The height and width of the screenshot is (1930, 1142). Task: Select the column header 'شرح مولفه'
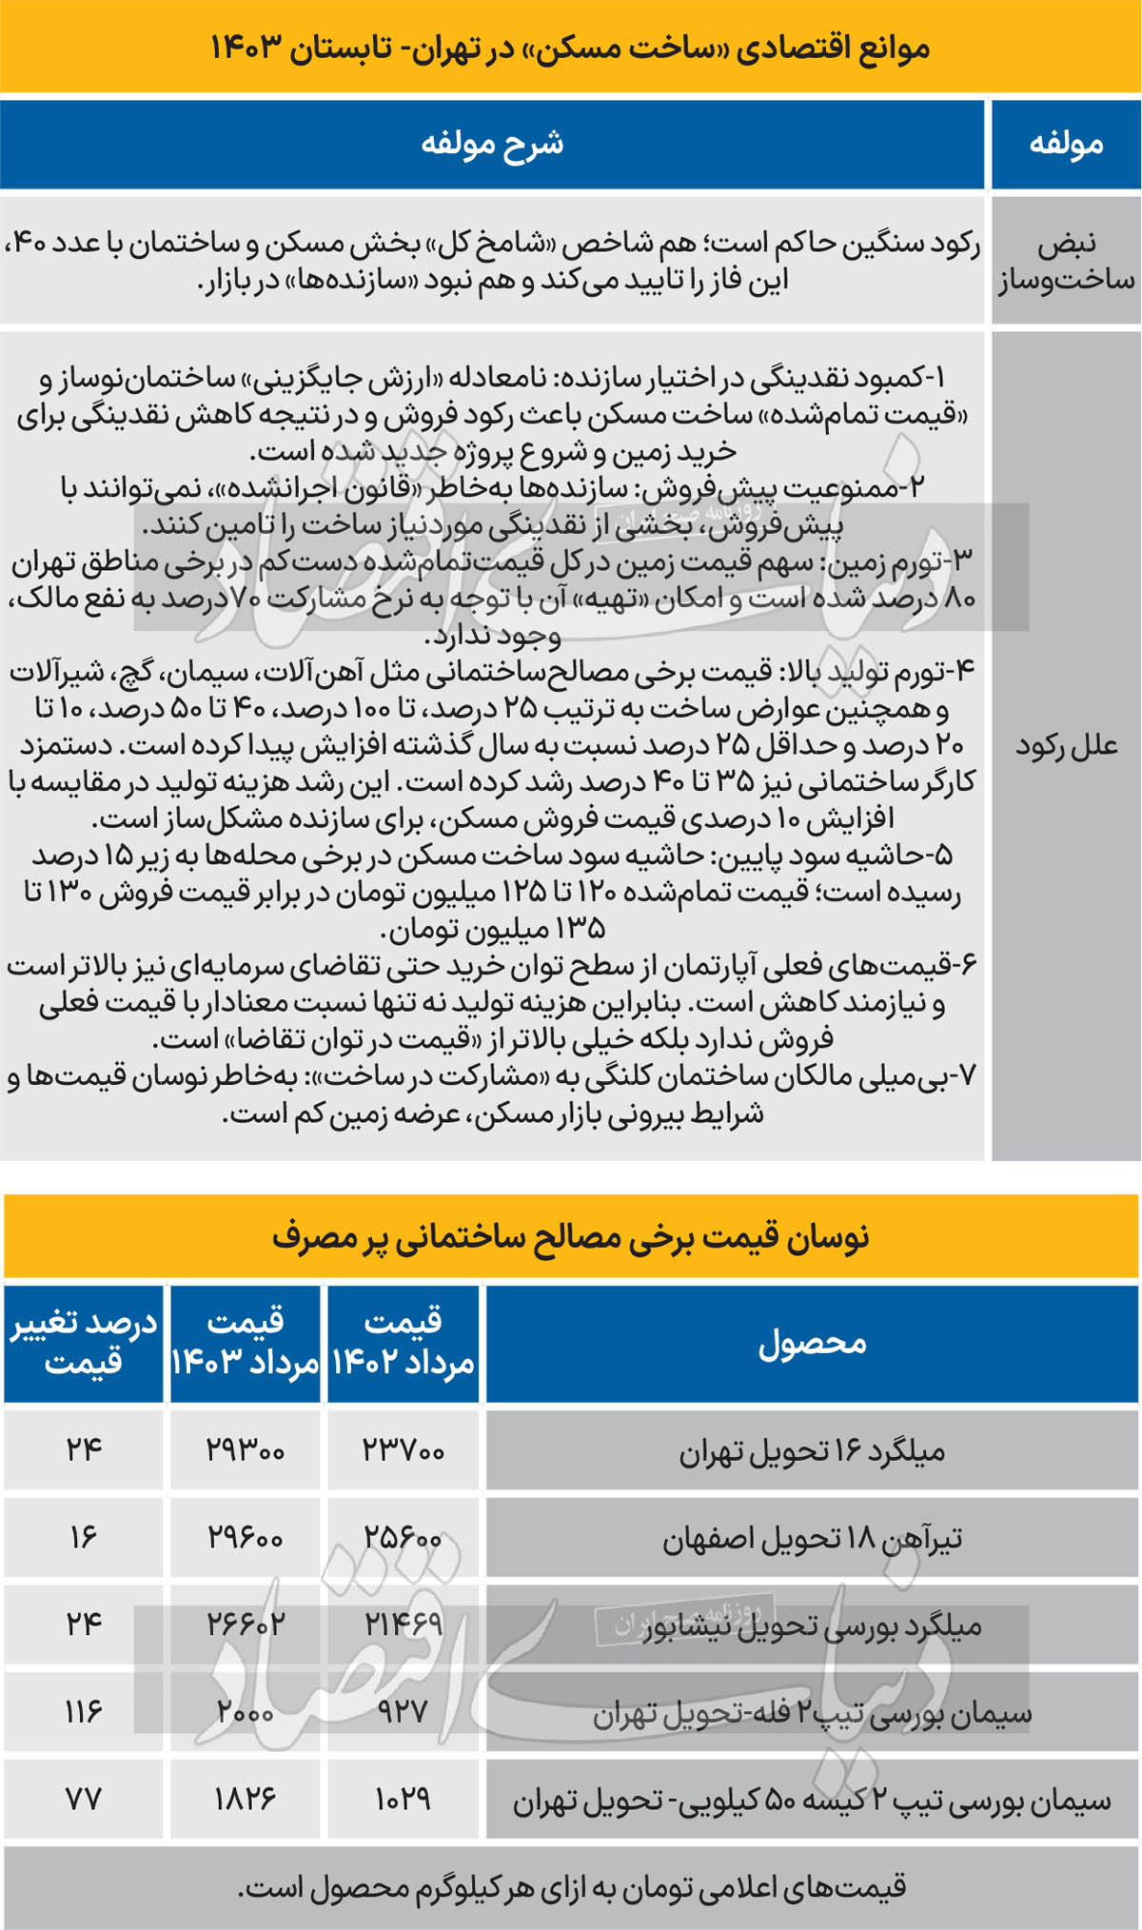492,144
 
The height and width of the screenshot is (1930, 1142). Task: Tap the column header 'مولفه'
1066,144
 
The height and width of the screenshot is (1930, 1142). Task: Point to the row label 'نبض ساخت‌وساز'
1066,262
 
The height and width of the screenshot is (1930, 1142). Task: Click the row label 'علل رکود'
1066,745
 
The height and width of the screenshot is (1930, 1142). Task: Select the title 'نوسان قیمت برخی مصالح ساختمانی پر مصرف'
571,1236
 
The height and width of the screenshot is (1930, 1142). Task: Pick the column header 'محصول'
812,1343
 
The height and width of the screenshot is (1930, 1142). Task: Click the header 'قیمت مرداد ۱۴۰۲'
403,1343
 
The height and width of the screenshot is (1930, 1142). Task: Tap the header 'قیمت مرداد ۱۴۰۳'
245,1343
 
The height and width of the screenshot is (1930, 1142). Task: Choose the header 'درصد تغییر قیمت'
84,1343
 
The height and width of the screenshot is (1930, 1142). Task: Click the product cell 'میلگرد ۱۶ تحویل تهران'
812,1450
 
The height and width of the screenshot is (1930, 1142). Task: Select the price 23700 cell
403,1450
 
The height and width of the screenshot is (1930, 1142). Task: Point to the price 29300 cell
245,1450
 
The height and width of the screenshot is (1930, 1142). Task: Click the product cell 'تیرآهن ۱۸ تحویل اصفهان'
812,1538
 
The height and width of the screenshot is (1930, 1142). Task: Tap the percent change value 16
84,1538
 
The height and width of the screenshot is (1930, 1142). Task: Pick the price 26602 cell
245,1625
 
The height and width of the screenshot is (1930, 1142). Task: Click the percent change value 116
84,1712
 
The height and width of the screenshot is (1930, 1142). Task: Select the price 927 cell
403,1712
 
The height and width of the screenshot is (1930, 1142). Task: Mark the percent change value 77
84,1800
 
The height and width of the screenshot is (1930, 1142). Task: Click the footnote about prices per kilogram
571,1887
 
